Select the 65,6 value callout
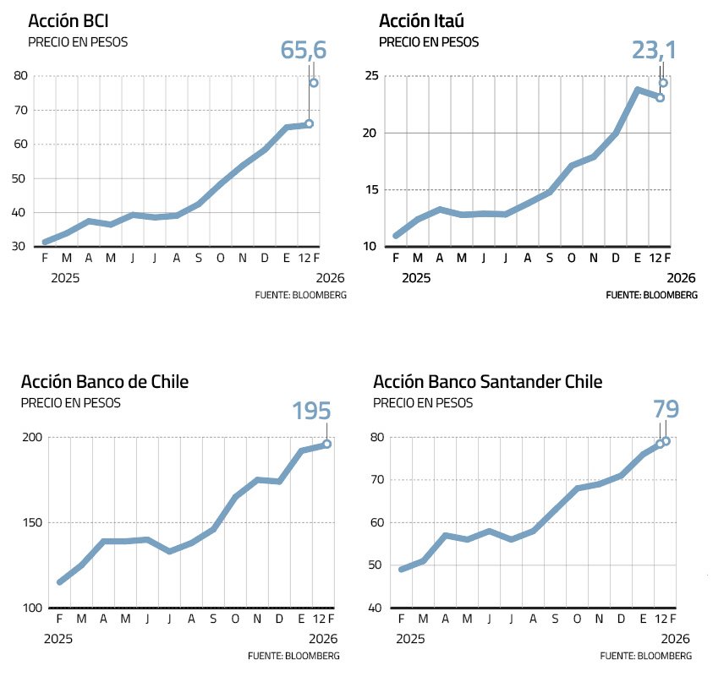tap(304, 51)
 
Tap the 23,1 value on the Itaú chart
tap(655, 51)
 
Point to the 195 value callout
tap(311, 412)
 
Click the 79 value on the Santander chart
tap(666, 410)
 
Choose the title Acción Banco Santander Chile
tap(487, 382)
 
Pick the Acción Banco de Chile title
tap(105, 382)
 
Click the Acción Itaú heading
tap(421, 20)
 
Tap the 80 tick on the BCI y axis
tap(20, 76)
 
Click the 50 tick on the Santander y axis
tap(377, 565)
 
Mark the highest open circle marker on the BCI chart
tap(314, 83)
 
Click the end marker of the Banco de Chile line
tap(326, 444)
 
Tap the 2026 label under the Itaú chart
tap(681, 277)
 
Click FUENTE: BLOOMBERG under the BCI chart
tap(300, 295)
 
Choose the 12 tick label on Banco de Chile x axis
tap(315, 619)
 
